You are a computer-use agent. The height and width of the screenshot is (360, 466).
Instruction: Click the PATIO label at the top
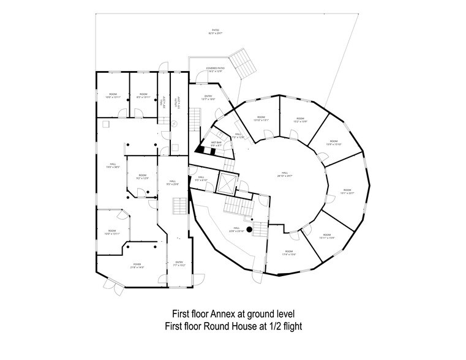[x=215, y=31]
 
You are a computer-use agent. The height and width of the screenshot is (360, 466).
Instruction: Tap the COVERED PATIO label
[x=215, y=70]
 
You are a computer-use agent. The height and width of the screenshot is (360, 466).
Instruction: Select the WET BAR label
[x=216, y=144]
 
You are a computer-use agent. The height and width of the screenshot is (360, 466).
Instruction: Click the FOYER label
[x=137, y=266]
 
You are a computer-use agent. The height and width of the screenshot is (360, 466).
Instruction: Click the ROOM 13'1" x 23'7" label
[x=347, y=192]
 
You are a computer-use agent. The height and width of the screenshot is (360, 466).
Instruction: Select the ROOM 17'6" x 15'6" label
[x=288, y=252]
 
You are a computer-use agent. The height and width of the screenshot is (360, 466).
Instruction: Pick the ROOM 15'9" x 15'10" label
[x=334, y=143]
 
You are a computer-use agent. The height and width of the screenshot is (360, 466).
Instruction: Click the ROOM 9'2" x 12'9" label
[x=142, y=176]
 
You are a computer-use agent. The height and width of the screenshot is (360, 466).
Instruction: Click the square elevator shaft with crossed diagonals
[x=228, y=182]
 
